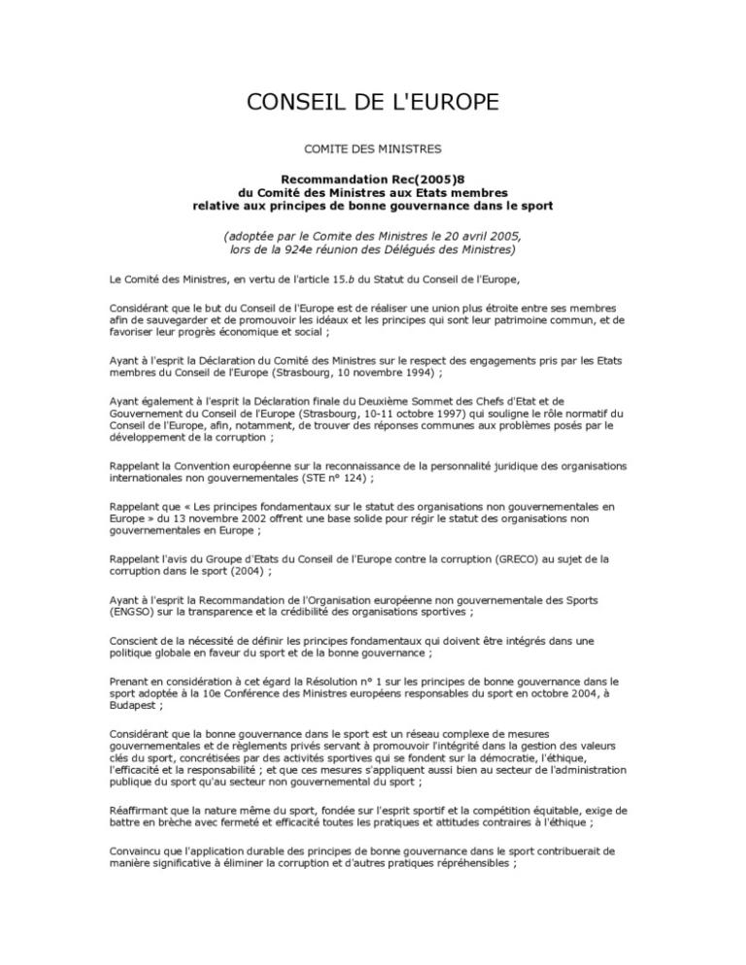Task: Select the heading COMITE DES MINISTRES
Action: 373,149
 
